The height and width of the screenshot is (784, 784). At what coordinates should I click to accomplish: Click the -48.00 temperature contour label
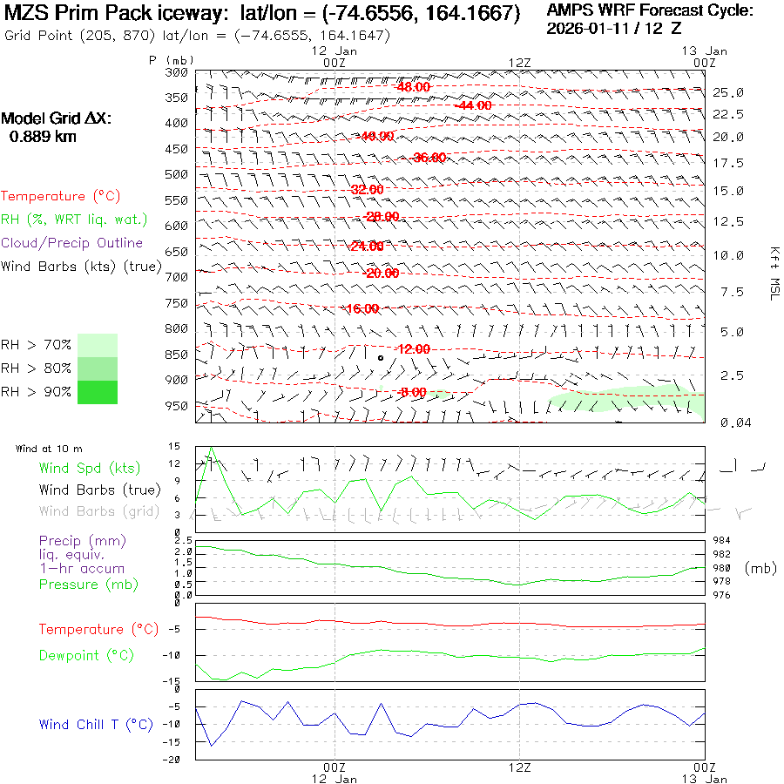[x=412, y=87]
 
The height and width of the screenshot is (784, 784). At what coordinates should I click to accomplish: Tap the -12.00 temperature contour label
[x=412, y=349]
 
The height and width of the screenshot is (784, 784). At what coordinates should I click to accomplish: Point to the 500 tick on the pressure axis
[x=177, y=174]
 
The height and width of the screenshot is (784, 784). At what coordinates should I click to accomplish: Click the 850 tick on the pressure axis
[x=177, y=355]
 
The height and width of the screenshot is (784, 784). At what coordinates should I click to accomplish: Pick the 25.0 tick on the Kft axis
[x=728, y=92]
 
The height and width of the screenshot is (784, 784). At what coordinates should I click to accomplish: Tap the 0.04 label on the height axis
[x=728, y=422]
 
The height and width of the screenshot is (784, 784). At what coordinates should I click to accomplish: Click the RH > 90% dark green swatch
[x=98, y=392]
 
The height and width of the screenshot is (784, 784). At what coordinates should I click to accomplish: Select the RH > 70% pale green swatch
[x=98, y=345]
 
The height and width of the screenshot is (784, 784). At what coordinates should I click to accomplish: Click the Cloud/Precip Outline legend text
[x=71, y=242]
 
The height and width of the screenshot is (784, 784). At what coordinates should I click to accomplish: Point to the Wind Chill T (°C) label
[x=96, y=724]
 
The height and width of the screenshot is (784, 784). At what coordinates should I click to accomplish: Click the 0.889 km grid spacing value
[x=43, y=137]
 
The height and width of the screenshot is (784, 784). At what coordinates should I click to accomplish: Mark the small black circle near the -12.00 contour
[x=381, y=357]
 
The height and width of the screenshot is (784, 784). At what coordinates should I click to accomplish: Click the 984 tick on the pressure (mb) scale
[x=721, y=541]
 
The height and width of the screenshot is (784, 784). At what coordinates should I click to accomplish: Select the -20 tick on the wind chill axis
[x=175, y=760]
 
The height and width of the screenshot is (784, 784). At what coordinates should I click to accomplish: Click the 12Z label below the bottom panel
[x=519, y=767]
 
